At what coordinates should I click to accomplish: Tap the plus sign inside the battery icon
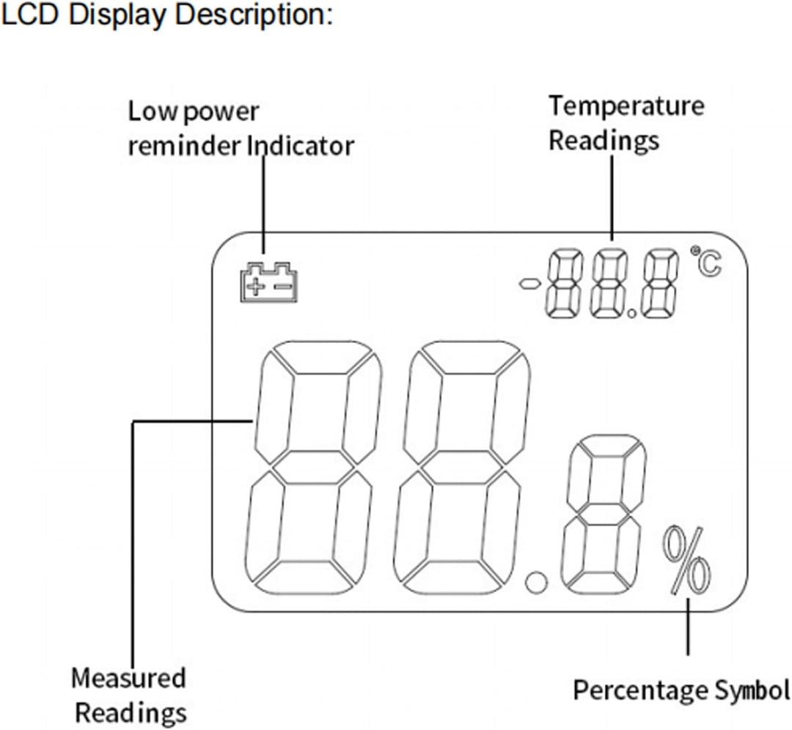(254, 285)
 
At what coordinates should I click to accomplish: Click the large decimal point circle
(537, 585)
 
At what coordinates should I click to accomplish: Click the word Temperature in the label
(626, 106)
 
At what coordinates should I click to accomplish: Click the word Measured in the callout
(128, 678)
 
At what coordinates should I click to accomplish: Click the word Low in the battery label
(152, 112)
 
